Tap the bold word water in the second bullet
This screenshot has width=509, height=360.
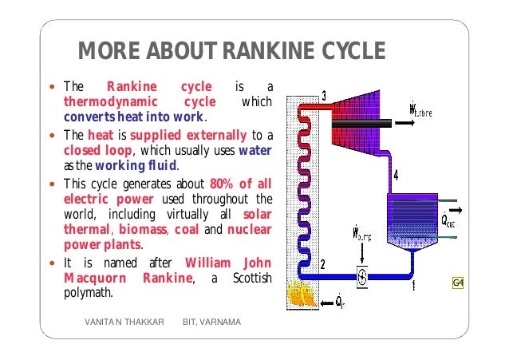coord(254,149)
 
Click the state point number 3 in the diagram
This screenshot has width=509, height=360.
coord(323,97)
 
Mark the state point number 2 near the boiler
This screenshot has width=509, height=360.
coord(322,264)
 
